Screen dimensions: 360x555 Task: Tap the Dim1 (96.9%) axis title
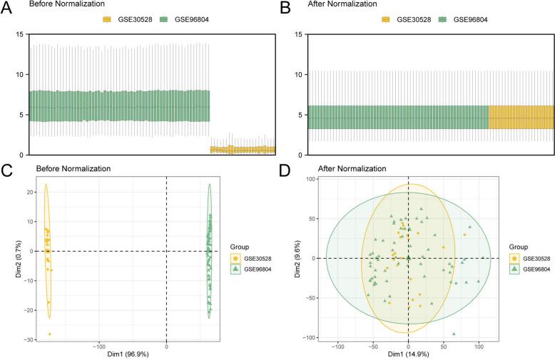(x=166, y=352)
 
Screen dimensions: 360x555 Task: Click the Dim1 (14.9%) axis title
(x=409, y=352)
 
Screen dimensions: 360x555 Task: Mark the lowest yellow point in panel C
(x=50, y=334)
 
